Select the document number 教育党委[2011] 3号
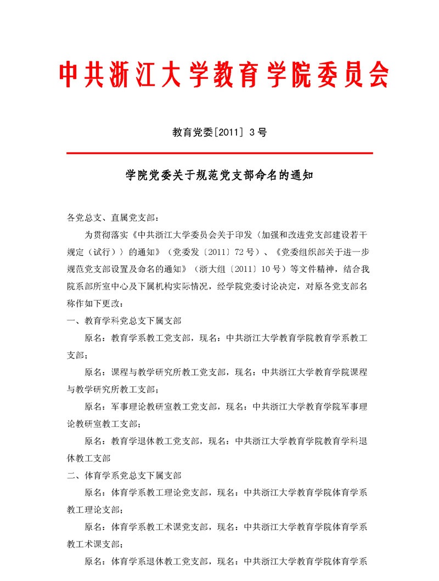click(219, 132)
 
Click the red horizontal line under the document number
click(219, 153)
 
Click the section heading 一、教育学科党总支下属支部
click(124, 321)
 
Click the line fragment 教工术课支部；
click(95, 544)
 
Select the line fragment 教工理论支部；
click(95, 509)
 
